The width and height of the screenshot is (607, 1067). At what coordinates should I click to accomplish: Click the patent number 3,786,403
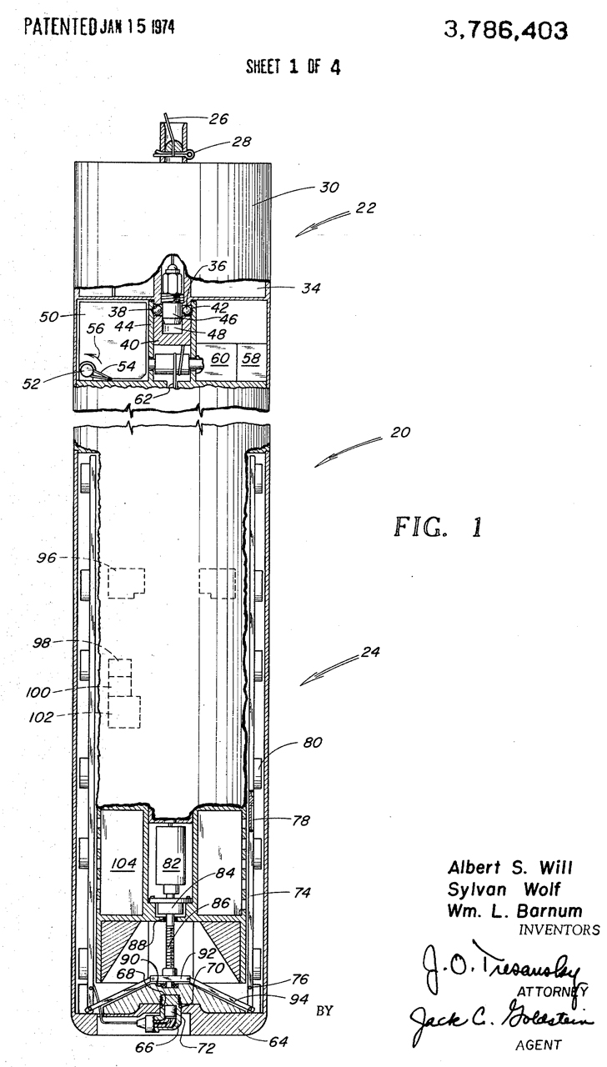(505, 32)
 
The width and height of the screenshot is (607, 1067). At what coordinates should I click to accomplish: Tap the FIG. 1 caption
(439, 528)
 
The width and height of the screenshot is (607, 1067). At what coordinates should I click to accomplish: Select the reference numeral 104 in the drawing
(124, 863)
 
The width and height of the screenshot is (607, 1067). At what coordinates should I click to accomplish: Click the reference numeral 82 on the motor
(172, 863)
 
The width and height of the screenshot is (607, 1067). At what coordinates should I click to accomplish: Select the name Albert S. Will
(509, 868)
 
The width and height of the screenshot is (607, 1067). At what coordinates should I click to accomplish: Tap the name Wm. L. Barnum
(514, 911)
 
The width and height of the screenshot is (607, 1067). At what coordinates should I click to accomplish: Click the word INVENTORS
(559, 929)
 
